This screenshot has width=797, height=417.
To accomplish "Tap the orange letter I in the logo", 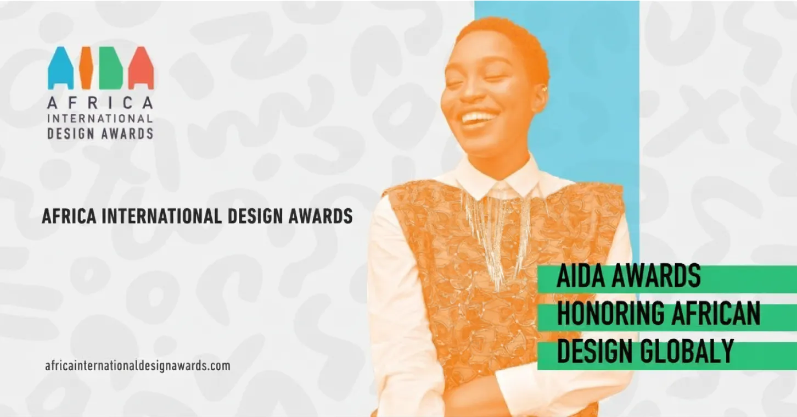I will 86,68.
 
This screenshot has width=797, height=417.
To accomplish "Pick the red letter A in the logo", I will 141,68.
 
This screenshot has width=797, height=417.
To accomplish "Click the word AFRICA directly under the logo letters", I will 100,103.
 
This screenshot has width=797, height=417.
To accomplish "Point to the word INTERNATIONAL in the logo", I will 100,118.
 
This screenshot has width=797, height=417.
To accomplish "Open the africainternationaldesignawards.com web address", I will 138,366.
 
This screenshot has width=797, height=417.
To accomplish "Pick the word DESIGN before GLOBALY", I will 590,351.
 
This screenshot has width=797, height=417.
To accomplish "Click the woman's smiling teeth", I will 477,117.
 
